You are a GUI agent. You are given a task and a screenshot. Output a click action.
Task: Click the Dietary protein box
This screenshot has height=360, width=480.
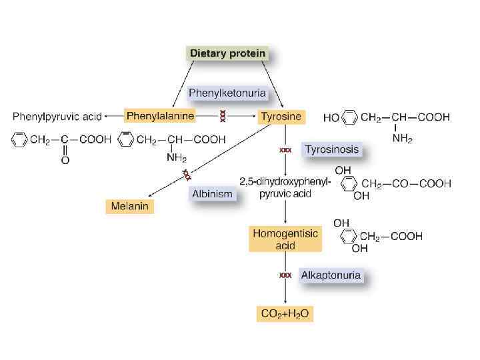227,53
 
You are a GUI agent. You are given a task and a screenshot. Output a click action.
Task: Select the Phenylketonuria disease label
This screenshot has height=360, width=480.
227,93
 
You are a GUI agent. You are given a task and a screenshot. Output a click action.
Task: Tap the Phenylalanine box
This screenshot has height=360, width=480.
160,116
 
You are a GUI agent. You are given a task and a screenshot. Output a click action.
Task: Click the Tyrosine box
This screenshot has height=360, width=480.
281,116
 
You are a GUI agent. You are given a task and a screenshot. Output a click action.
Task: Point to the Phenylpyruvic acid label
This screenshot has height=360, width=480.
57,117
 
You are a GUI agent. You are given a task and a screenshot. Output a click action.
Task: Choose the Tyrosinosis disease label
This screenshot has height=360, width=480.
331,149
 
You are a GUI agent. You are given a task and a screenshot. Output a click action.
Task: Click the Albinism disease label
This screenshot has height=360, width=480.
212,194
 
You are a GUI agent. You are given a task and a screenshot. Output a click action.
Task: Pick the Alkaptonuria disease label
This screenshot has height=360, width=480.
331,275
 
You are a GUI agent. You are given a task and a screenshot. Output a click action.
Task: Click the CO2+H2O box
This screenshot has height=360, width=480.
285,313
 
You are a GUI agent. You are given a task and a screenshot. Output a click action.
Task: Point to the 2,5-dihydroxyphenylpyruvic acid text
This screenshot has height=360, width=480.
285,188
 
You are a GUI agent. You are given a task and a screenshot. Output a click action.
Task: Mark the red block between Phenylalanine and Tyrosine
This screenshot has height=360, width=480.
222,117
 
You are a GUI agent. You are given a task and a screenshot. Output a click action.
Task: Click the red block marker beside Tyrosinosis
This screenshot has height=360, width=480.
285,150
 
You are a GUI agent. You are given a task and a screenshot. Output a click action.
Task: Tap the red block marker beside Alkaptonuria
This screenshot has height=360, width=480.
285,275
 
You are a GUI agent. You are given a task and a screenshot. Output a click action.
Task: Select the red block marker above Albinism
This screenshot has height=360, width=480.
187,175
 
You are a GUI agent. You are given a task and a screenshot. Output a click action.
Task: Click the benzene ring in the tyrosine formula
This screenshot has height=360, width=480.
349,118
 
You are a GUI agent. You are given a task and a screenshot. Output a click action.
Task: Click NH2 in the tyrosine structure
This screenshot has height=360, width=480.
402,139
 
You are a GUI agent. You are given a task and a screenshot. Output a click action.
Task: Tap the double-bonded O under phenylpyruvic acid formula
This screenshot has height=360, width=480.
65,160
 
